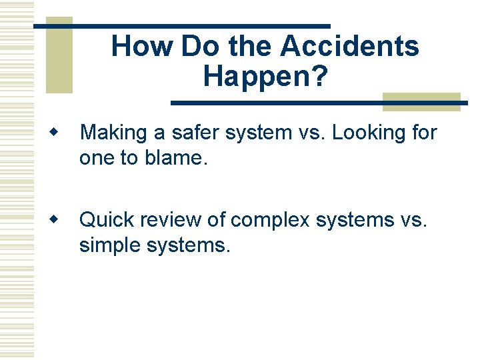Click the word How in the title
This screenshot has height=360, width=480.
pos(142,47)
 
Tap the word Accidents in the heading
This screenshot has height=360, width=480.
pos(349,47)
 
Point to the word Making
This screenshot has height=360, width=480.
pos(113,133)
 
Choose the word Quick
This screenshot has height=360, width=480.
pos(108,219)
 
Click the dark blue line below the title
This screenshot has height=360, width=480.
pos(313,103)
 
